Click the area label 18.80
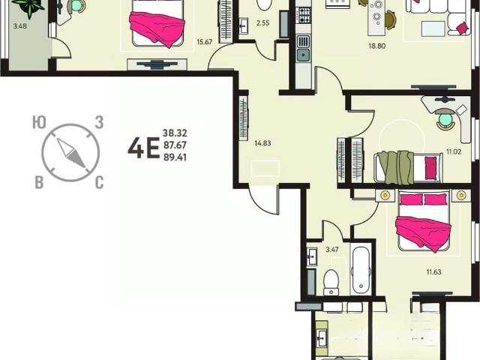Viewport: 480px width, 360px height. (x=376, y=46)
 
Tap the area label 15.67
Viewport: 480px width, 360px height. (x=205, y=42)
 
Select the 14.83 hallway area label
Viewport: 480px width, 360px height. (x=262, y=143)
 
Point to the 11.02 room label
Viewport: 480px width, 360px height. (x=453, y=151)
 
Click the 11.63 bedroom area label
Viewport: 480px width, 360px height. (x=433, y=271)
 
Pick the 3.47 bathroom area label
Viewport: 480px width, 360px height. (x=332, y=250)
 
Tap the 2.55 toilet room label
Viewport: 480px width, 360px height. (x=263, y=22)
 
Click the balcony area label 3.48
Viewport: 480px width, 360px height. (x=20, y=26)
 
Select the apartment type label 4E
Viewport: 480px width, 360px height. (x=143, y=148)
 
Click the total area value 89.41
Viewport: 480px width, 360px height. (x=175, y=157)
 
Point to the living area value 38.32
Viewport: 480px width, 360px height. (x=175, y=133)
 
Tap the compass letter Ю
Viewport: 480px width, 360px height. (x=39, y=122)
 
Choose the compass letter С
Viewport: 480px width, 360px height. (x=99, y=183)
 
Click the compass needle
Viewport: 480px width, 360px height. (x=71, y=153)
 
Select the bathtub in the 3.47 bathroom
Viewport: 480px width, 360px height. (x=361, y=270)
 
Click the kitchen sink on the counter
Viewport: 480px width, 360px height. (x=303, y=48)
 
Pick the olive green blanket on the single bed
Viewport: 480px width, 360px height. (x=395, y=167)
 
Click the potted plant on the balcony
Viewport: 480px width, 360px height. (x=29, y=7)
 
